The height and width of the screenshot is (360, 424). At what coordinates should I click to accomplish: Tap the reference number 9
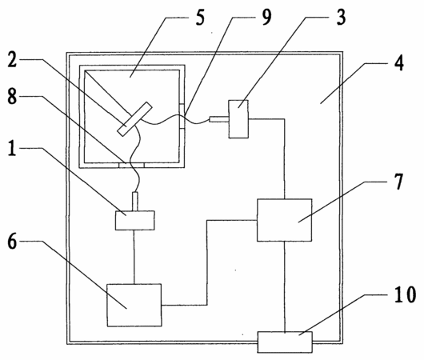[x=266, y=17]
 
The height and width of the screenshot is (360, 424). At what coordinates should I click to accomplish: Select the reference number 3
[x=341, y=17]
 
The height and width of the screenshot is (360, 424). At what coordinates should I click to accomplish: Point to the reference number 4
[x=398, y=63]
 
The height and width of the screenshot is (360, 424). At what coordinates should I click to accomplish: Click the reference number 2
[x=12, y=58]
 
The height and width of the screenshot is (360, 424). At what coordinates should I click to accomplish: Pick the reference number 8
[x=12, y=96]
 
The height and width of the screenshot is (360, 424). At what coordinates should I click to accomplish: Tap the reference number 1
[x=12, y=148]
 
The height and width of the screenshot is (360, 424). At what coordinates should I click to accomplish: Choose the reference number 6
[x=12, y=242]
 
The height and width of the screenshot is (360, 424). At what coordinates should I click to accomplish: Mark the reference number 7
[x=398, y=182]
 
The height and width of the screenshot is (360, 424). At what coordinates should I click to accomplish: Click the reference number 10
[x=405, y=295]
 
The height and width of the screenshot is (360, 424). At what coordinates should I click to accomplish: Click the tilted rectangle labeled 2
[x=134, y=119]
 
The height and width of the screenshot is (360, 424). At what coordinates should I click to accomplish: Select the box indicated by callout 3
[x=238, y=119]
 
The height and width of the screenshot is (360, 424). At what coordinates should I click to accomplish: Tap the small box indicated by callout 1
[x=135, y=221]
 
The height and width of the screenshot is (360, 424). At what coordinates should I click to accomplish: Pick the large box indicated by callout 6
[x=134, y=305]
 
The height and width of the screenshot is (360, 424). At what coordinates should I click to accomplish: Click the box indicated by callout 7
[x=285, y=220]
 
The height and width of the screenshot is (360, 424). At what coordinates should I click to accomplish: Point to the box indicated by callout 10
[x=285, y=342]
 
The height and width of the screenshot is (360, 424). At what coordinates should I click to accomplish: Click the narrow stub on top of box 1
[x=135, y=202]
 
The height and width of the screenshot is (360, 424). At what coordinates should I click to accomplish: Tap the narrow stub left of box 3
[x=219, y=119]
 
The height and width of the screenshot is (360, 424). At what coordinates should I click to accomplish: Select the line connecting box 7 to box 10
[x=285, y=286]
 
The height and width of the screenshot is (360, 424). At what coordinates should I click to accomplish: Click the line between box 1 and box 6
[x=134, y=257]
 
